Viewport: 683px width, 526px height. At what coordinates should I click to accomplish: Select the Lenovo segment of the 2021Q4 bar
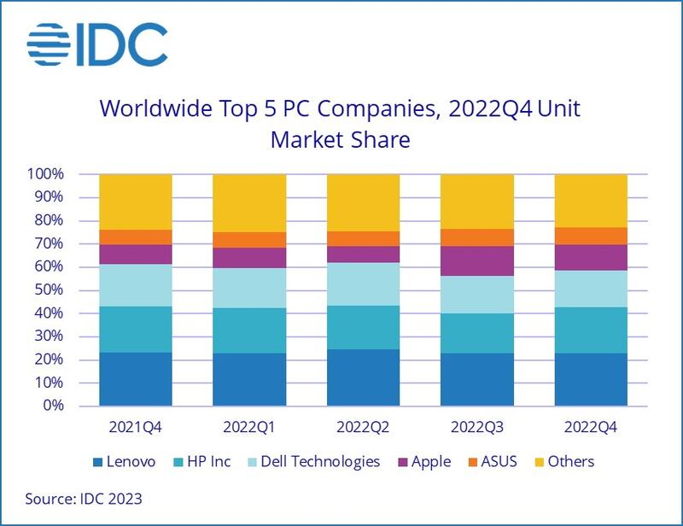(x=136, y=378)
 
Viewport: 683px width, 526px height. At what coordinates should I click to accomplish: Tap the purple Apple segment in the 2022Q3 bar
(x=476, y=260)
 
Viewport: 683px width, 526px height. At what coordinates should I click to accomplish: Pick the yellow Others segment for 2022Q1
(x=248, y=202)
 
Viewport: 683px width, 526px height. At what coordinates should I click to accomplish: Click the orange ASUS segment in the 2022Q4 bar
(x=590, y=236)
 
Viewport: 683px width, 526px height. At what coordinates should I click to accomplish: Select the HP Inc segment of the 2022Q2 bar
(x=362, y=327)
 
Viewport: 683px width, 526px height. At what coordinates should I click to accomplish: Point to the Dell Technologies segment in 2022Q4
(x=590, y=289)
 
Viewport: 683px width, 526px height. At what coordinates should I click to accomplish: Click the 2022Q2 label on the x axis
(x=362, y=425)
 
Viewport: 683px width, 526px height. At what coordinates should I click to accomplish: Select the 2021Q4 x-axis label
(x=136, y=425)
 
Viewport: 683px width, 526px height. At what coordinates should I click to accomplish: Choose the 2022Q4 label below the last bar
(x=590, y=425)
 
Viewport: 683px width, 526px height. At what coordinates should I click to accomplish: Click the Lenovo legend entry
(x=124, y=462)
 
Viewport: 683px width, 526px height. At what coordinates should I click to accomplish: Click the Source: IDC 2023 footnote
(x=85, y=497)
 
